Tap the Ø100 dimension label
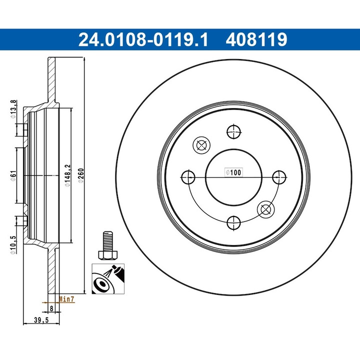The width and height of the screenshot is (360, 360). [233, 172]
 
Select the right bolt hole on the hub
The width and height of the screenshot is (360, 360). [278, 177]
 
